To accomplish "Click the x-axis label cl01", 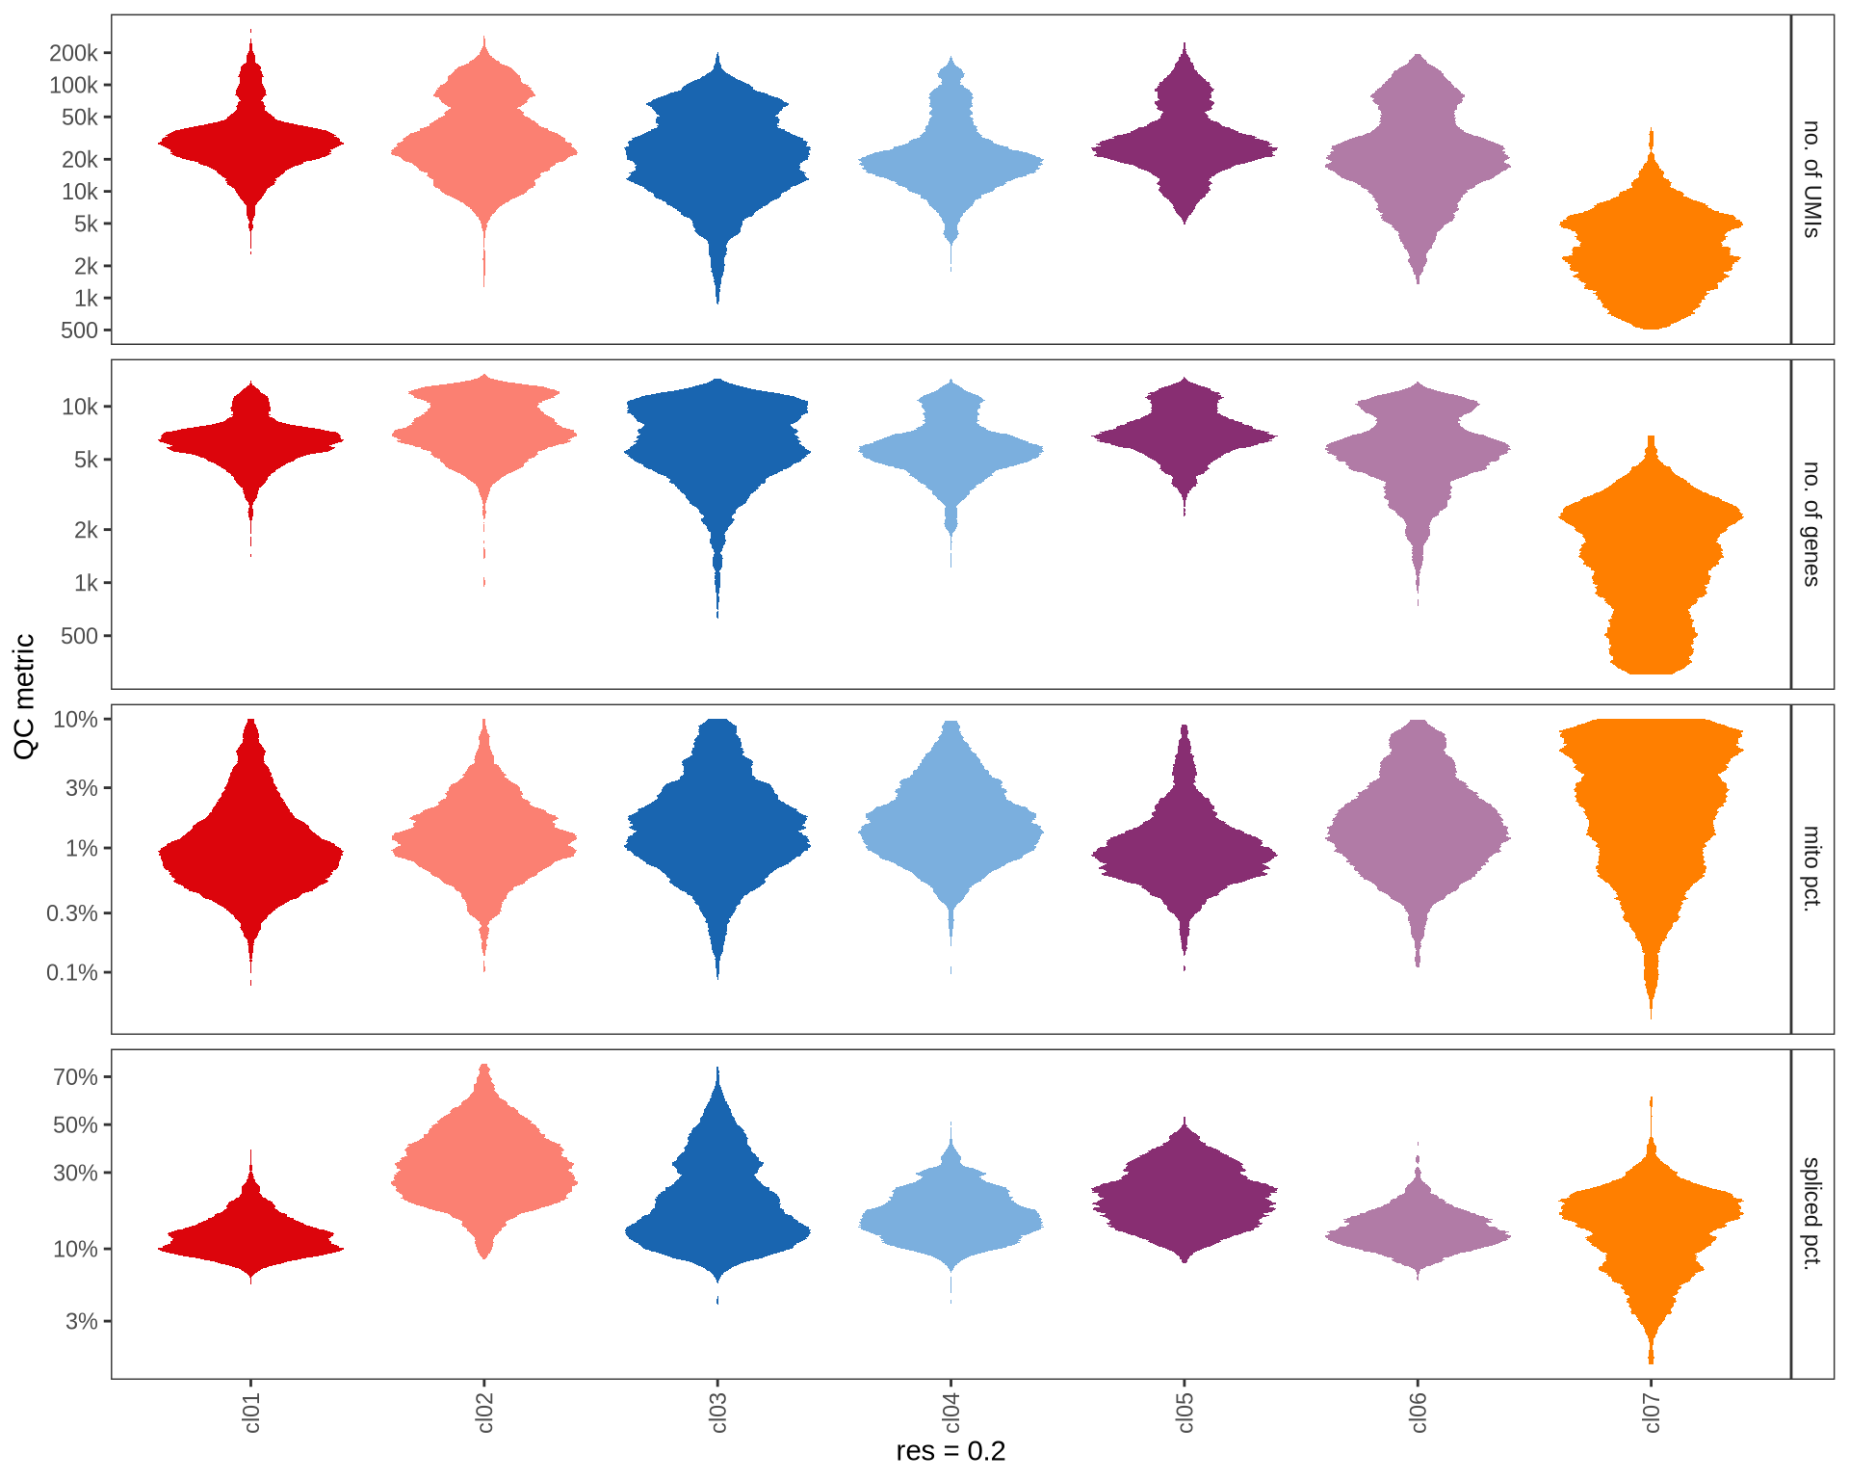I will point(251,1413).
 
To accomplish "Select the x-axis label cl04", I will point(951,1413).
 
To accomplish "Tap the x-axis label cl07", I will point(1652,1413).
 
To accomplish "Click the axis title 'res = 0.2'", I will point(950,1451).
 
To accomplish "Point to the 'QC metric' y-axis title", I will point(25,696).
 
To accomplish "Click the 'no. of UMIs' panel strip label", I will point(1811,179).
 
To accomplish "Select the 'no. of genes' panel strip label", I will point(1811,524).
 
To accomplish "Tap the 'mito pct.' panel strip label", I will point(1811,868).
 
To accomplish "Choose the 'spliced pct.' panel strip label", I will point(1811,1213).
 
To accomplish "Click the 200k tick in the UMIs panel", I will point(73,53).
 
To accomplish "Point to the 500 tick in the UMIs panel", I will point(79,330).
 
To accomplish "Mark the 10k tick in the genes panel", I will point(79,407).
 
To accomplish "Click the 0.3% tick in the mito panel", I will point(72,912).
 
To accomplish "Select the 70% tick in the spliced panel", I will point(75,1077).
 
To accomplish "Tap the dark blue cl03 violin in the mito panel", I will point(717,838).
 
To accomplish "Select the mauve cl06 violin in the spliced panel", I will point(1418,1234).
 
